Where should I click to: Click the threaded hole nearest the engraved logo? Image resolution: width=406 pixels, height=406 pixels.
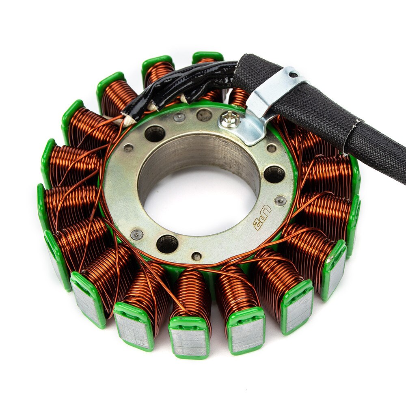click(274, 174)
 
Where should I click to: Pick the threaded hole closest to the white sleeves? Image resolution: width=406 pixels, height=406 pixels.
click(155, 134)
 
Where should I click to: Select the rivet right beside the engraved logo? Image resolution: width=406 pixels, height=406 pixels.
click(280, 201)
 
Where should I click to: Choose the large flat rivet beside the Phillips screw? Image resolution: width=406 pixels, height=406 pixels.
click(204, 115)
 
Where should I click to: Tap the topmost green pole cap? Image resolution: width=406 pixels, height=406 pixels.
click(207, 56)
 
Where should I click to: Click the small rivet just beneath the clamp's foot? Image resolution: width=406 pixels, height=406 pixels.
click(271, 148)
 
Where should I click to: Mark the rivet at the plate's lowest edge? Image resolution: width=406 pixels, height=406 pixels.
click(197, 256)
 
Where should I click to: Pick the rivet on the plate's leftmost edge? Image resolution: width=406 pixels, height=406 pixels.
click(137, 234)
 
